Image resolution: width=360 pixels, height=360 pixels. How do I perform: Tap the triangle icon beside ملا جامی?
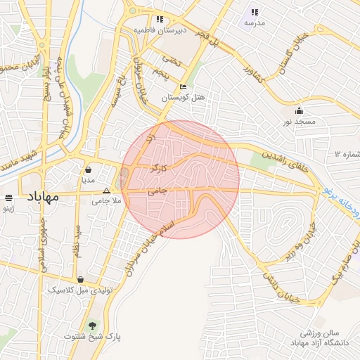[107, 191]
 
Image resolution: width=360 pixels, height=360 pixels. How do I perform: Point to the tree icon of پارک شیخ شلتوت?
[92, 326]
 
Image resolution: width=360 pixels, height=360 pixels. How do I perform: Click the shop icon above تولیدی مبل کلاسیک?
[81, 279]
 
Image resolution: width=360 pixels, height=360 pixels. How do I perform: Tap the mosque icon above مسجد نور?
[300, 111]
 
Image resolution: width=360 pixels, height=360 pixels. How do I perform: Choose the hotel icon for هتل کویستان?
[183, 87]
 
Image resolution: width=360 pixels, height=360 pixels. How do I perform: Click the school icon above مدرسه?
[254, 13]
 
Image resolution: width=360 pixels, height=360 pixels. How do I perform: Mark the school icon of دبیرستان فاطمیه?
[160, 20]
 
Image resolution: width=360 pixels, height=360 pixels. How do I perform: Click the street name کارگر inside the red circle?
[159, 169]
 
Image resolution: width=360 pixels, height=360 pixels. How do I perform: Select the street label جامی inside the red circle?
[155, 191]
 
